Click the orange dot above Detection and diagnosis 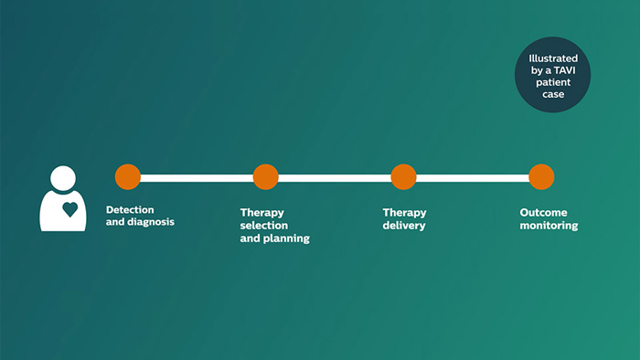(128, 177)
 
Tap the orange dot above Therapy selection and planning (266, 177)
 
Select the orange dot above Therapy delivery (404, 177)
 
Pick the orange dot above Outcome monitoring (541, 177)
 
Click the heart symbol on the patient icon (70, 209)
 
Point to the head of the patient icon (63, 178)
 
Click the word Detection (130, 209)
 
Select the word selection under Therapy (263, 226)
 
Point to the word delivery (404, 226)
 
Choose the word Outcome (543, 212)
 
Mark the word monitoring (549, 226)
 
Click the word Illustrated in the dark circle (553, 58)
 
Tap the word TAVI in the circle (564, 70)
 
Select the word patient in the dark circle (553, 82)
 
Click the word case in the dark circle (553, 94)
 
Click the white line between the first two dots (197, 178)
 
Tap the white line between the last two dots (473, 178)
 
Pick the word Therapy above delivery (404, 213)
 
